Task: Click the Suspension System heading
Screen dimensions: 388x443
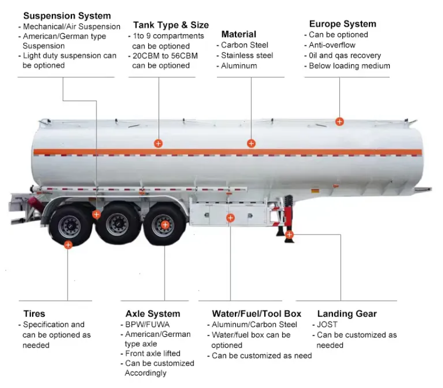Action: click(x=66, y=16)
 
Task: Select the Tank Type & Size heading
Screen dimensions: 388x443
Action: click(x=171, y=25)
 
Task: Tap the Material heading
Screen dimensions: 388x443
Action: click(x=239, y=34)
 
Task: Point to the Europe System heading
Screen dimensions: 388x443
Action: click(x=342, y=24)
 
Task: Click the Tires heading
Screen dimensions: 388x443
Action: click(x=34, y=313)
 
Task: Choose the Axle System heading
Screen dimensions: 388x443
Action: click(x=153, y=313)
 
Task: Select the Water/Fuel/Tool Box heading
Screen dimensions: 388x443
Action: click(x=256, y=313)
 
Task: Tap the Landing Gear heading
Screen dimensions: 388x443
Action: click(x=347, y=313)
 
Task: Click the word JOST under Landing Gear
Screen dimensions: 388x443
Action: click(x=327, y=324)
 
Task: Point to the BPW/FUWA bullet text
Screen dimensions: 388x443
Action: click(x=143, y=324)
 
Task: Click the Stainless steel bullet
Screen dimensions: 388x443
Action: click(x=247, y=56)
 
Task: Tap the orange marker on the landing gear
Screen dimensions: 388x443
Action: click(x=289, y=235)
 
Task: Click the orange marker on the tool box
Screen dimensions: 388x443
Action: click(x=230, y=218)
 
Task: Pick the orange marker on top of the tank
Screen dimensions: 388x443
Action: click(x=339, y=121)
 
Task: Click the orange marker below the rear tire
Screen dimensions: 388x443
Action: click(x=68, y=245)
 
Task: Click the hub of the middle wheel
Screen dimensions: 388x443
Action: click(x=116, y=223)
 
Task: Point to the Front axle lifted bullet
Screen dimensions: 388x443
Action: click(x=153, y=353)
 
